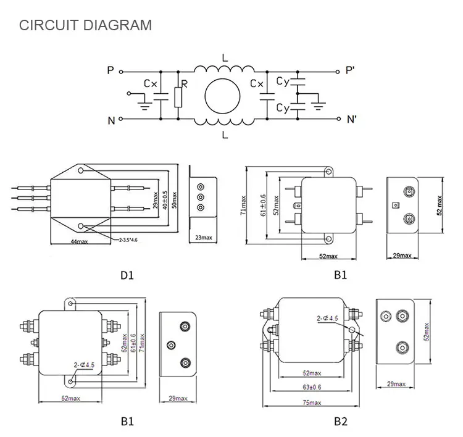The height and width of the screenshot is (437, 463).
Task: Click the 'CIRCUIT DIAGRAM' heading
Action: point(85,25)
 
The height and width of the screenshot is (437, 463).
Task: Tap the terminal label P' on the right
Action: point(350,71)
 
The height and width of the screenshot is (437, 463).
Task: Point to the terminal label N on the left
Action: point(111,120)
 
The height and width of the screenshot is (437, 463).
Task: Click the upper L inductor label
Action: point(224,57)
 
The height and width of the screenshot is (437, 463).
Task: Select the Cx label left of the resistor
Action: point(151,83)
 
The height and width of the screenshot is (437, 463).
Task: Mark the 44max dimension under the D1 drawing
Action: point(78,241)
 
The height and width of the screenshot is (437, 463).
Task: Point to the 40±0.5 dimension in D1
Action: point(164,199)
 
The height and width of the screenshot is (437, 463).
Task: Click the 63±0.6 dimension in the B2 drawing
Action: point(311,388)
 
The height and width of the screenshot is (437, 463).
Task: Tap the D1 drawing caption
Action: point(127,275)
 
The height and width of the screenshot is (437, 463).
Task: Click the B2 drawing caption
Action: point(341,422)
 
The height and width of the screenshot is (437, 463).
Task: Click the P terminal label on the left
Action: point(111,71)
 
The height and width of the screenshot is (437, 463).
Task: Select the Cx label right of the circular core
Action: point(258,83)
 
